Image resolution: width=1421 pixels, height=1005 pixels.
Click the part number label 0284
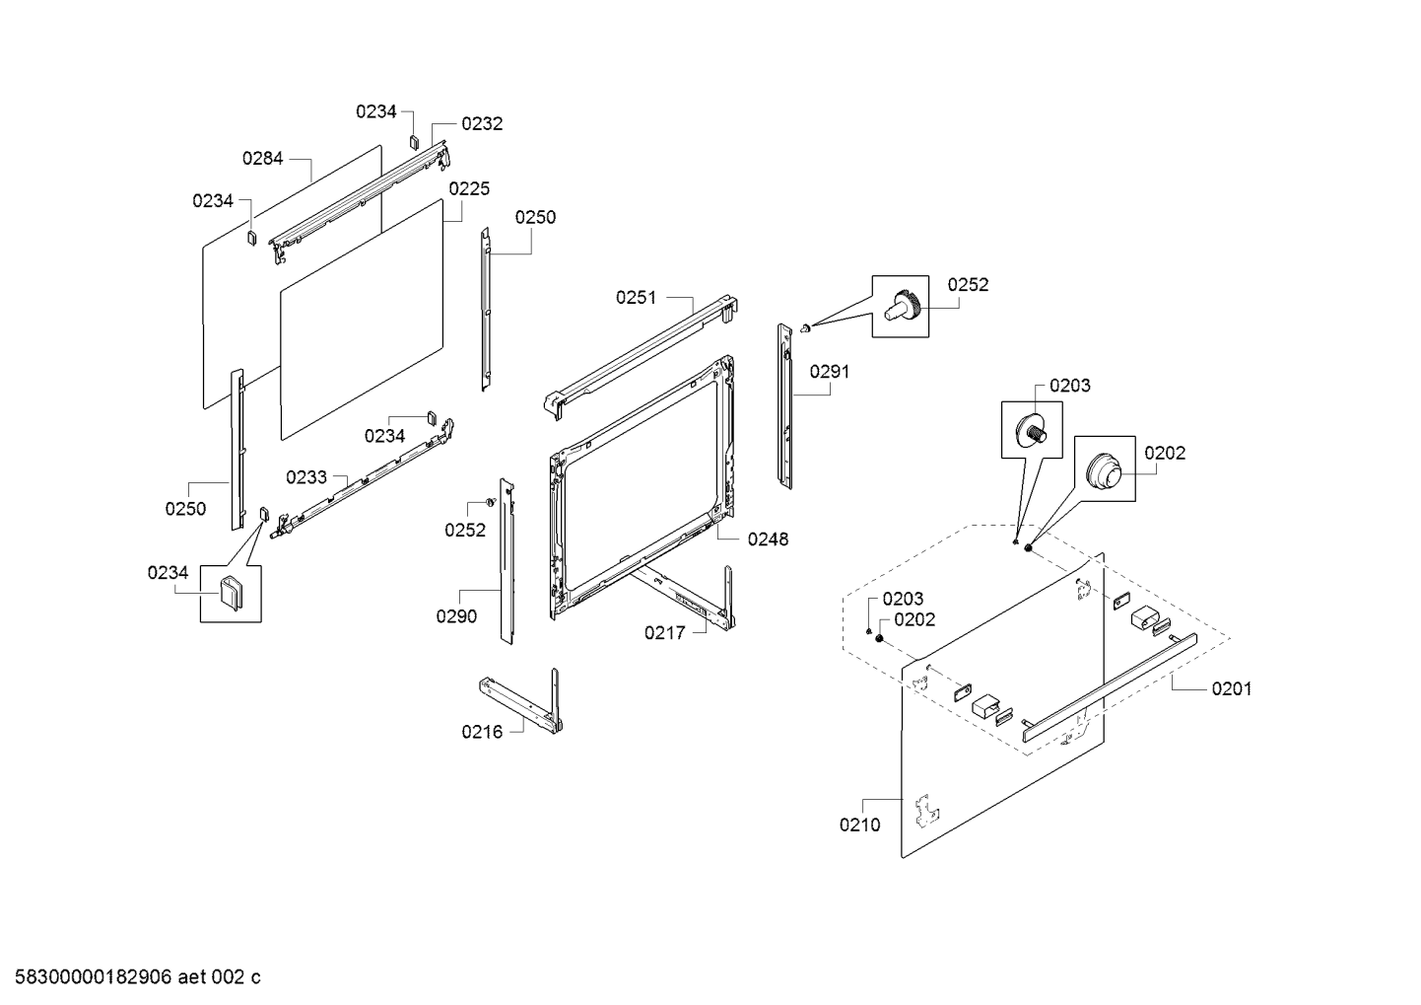click(262, 158)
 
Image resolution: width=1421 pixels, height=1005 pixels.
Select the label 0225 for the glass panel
click(469, 188)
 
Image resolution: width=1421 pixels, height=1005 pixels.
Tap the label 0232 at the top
click(482, 124)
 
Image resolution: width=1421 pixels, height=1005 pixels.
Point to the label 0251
click(637, 297)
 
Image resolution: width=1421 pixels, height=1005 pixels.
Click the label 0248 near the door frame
click(768, 539)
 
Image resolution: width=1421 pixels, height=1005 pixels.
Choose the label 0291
click(830, 372)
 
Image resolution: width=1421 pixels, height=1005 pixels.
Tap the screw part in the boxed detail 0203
click(1034, 430)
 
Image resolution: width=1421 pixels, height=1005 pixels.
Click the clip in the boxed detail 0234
click(230, 593)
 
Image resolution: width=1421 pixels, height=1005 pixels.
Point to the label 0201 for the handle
click(1232, 688)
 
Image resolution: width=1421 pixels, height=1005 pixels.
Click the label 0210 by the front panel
click(859, 826)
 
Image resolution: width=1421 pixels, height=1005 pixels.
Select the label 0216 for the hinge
click(481, 732)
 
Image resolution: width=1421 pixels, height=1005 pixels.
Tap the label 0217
click(664, 633)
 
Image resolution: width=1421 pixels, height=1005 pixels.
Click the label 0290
click(456, 616)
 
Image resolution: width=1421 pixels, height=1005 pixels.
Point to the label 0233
click(306, 477)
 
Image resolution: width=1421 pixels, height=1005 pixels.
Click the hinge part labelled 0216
click(522, 702)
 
